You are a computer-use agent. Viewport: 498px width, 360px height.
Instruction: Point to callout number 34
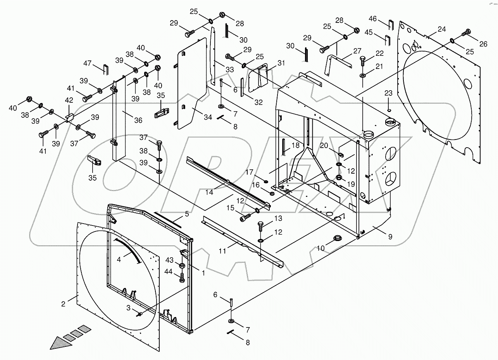208,117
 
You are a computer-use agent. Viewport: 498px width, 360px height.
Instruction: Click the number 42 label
69,100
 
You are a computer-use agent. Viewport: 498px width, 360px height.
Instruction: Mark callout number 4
119,260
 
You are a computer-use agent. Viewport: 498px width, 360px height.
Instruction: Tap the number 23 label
389,93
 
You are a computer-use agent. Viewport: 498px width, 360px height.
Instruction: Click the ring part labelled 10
337,238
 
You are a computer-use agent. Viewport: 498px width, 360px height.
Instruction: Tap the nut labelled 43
181,265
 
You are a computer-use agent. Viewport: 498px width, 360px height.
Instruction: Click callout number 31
281,63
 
